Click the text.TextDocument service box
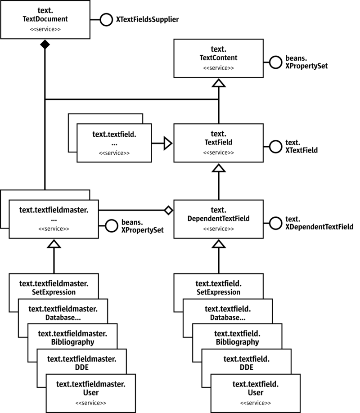[45, 20]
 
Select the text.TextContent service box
[218, 58]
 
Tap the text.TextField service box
[218, 143]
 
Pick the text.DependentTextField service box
[218, 219]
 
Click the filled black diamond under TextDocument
[45, 45]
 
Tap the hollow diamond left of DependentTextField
[168, 210]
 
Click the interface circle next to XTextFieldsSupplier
[106, 20]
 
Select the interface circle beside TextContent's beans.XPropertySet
[275, 62]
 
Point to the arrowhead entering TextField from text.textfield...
[168, 143]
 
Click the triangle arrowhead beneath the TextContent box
[218, 82]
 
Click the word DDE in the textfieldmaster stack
[81, 367]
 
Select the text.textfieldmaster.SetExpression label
[54, 287]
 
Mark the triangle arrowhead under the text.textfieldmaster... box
[54, 244]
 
